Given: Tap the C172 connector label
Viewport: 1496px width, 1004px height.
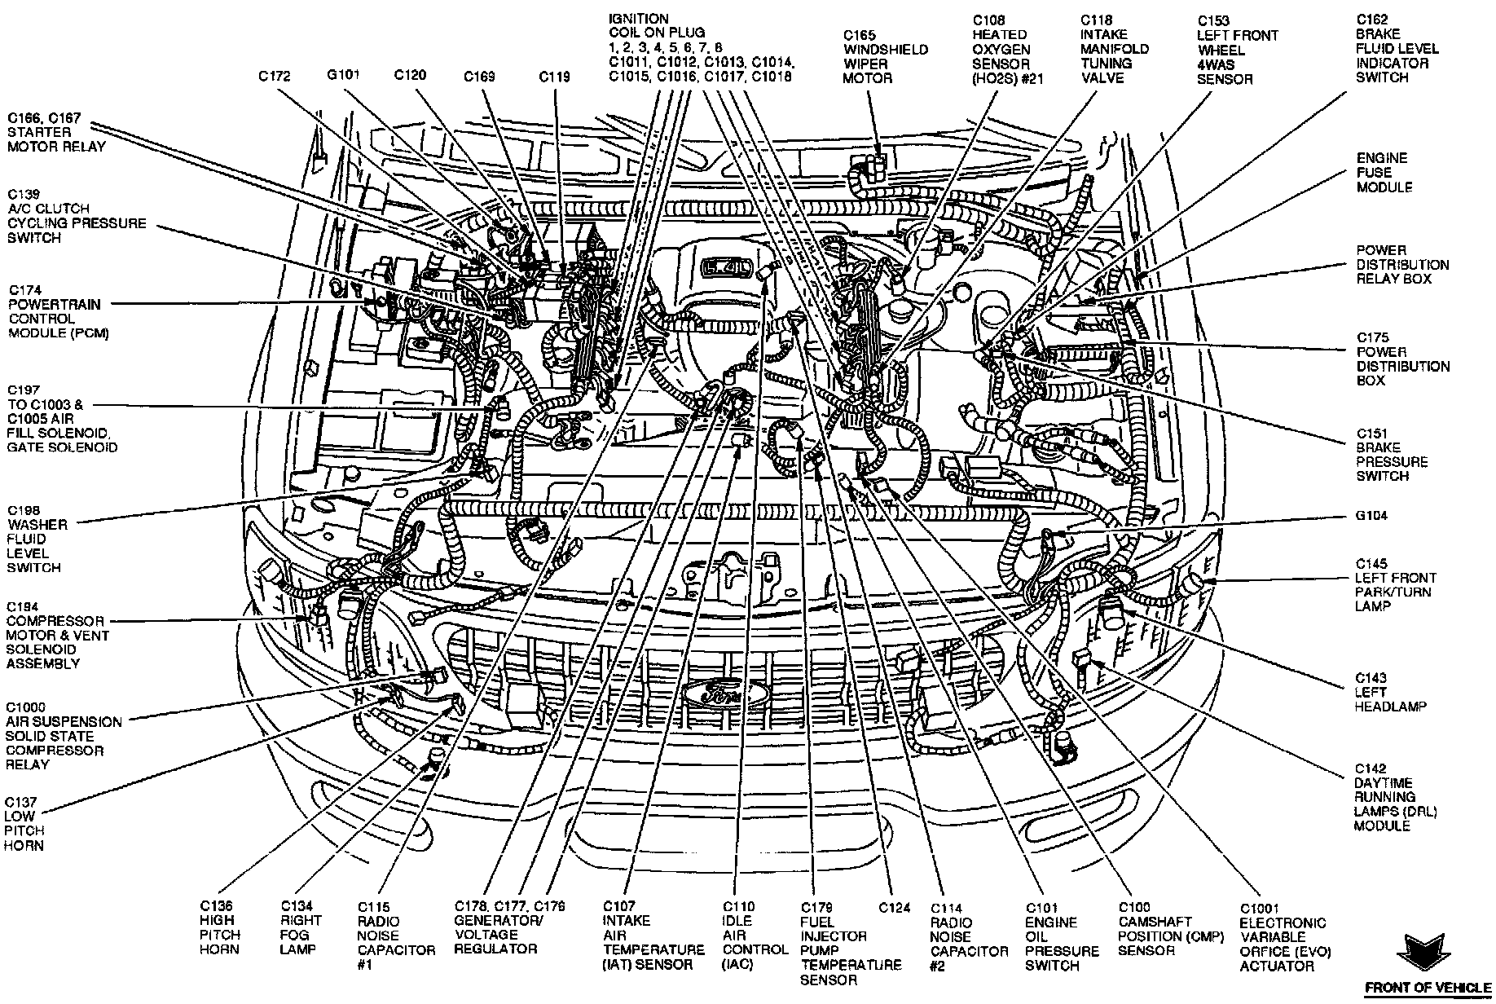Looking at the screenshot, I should click(x=275, y=77).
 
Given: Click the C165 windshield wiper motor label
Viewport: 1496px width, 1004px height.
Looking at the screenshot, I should click(x=885, y=57).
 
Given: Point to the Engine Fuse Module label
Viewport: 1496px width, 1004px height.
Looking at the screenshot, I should click(x=1384, y=173).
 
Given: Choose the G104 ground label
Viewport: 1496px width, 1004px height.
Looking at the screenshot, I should click(x=1372, y=516).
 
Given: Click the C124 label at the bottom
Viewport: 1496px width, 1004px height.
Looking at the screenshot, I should click(x=895, y=907).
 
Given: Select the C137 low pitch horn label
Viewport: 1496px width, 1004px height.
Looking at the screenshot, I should click(x=24, y=824).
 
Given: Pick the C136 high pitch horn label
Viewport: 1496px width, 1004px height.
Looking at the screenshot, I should click(x=219, y=927).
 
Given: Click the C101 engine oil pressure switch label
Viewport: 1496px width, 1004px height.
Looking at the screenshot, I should click(x=1061, y=936).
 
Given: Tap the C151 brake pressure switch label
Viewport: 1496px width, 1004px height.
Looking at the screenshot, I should click(x=1392, y=455).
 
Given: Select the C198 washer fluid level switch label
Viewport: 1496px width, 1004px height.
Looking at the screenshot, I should click(x=37, y=539).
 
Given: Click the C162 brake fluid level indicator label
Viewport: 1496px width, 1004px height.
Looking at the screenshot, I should click(x=1397, y=48).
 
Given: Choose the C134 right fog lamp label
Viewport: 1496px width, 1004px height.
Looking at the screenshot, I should click(x=301, y=927).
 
